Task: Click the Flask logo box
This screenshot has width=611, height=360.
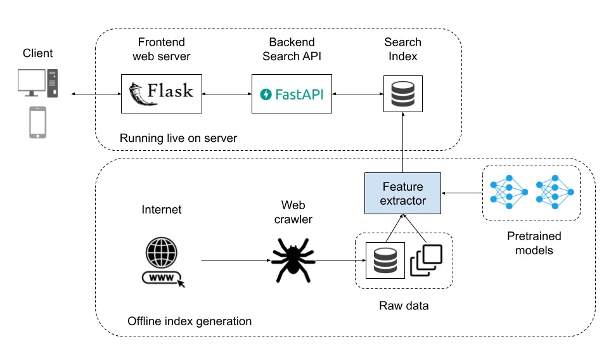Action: pyautogui.click(x=161, y=94)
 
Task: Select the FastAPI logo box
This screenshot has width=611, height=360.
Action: pyautogui.click(x=292, y=94)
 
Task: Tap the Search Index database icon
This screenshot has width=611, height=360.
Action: pyautogui.click(x=402, y=94)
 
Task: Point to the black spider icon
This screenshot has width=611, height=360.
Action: pyautogui.click(x=293, y=259)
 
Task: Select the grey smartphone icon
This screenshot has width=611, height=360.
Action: pyautogui.click(x=38, y=122)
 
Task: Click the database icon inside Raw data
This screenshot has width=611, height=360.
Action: pyautogui.click(x=385, y=260)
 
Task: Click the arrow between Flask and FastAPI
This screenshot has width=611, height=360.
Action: pyautogui.click(x=226, y=94)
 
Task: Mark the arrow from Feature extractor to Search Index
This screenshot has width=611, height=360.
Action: pyautogui.click(x=403, y=145)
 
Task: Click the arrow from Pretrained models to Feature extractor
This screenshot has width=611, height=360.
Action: pyautogui.click(x=461, y=193)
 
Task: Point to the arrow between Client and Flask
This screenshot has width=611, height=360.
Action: pyautogui.click(x=96, y=94)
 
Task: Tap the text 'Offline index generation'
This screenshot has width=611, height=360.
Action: pyautogui.click(x=190, y=321)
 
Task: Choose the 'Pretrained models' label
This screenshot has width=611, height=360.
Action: pyautogui.click(x=534, y=243)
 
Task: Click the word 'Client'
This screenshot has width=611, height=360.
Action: pyautogui.click(x=38, y=53)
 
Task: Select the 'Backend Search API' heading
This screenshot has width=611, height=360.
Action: pyautogui.click(x=292, y=49)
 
